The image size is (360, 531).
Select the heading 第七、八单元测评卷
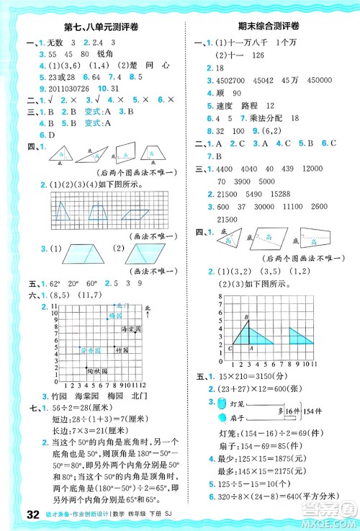coord(95,29)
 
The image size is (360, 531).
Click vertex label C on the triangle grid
coord(229,348)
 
